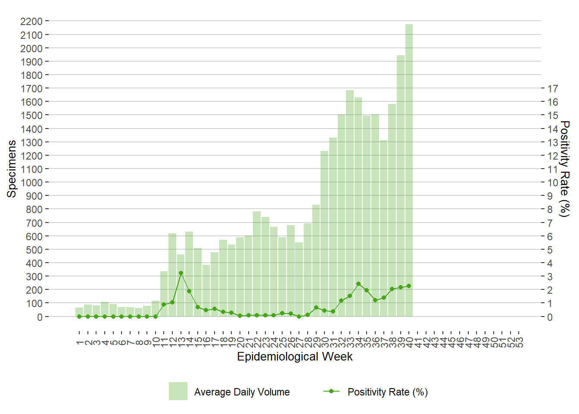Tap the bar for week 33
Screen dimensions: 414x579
(x=350, y=203)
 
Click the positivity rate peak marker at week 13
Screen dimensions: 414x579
(x=181, y=273)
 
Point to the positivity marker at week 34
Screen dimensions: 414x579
(x=358, y=284)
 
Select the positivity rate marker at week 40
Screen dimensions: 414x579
(x=409, y=286)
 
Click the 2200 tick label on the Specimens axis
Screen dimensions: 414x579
(x=31, y=21)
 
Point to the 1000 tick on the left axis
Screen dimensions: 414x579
(x=31, y=182)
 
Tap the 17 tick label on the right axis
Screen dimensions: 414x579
(x=553, y=88)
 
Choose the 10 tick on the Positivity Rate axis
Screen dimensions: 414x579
(x=553, y=182)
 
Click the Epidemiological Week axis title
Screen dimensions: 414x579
(x=295, y=357)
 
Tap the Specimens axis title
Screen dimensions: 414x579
(x=12, y=169)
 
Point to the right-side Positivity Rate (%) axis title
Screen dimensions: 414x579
(x=564, y=169)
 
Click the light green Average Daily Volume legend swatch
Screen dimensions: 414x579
(x=178, y=391)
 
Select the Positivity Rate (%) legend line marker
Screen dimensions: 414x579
(x=331, y=391)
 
